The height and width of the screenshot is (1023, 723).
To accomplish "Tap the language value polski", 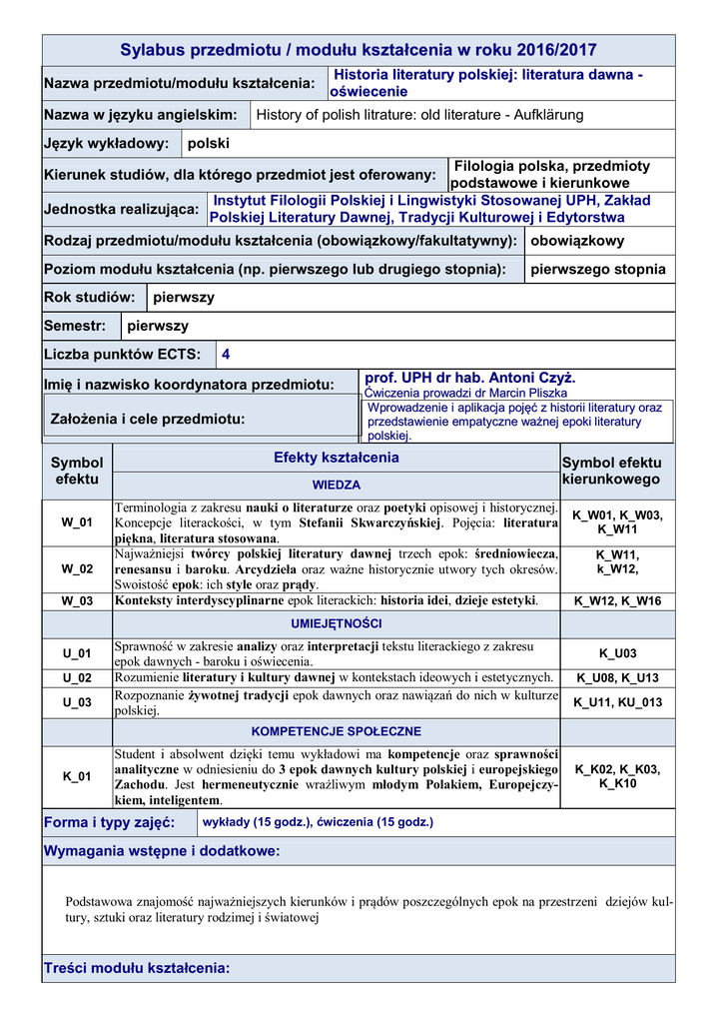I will (209, 144).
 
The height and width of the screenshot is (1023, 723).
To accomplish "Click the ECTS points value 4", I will (226, 354).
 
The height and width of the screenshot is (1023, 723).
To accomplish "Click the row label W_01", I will (77, 522).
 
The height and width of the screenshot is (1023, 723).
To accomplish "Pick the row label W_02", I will (77, 568).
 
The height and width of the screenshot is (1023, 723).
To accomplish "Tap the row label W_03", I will (77, 600).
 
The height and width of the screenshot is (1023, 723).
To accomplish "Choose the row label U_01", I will (77, 653).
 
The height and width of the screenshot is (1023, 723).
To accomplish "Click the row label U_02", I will (77, 677).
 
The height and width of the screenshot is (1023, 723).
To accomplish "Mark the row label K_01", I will (77, 776).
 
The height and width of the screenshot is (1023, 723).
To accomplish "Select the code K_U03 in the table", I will (618, 653).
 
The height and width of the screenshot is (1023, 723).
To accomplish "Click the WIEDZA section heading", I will (337, 485).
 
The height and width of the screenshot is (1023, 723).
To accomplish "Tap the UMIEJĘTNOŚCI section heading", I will (337, 624).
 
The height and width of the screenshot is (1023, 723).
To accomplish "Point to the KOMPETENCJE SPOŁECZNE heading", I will (337, 731).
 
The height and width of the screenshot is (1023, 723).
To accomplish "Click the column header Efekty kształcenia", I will (337, 458).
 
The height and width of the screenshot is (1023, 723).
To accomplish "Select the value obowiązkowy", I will (578, 241).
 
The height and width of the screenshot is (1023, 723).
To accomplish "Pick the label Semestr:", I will (75, 326).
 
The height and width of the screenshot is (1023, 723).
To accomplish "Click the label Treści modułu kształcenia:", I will (137, 967).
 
